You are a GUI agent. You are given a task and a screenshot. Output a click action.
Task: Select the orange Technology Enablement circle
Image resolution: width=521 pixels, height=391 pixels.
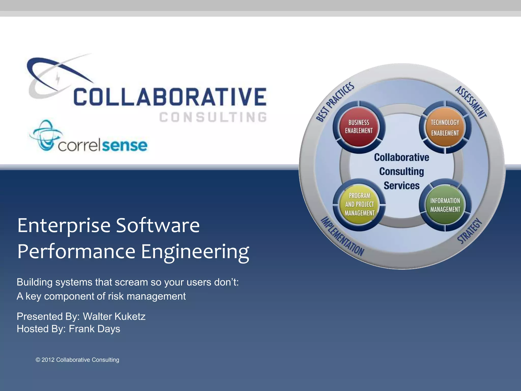click(445, 127)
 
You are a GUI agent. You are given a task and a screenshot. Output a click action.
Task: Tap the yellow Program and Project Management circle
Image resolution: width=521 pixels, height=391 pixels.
click(359, 204)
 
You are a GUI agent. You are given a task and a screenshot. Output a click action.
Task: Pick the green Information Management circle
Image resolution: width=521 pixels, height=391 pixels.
click(445, 205)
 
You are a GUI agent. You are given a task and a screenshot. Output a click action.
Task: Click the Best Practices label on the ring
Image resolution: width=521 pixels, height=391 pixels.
click(335, 102)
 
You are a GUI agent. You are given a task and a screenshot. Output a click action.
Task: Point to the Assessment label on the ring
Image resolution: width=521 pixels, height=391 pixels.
click(471, 102)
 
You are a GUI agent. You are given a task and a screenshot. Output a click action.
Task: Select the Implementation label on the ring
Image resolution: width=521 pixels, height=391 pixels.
click(342, 236)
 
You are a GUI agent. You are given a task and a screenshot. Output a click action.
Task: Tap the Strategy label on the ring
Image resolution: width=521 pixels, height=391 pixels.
click(470, 231)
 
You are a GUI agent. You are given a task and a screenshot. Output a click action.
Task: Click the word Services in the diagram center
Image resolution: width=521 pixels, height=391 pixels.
click(401, 186)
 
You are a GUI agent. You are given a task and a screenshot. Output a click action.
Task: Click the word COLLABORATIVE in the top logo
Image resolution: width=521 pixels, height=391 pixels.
click(170, 97)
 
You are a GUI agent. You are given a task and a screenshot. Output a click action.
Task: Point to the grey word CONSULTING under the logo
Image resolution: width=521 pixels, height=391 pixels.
click(213, 117)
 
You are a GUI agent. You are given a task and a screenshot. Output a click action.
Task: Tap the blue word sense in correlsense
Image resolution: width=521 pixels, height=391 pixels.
click(125, 145)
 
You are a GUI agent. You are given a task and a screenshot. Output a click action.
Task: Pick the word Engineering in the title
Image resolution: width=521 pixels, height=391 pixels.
click(195, 252)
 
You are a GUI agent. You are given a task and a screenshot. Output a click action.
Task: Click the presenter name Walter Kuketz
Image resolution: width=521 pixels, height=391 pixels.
click(114, 316)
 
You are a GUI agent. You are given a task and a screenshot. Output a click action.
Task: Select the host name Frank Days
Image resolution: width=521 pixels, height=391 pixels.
click(94, 329)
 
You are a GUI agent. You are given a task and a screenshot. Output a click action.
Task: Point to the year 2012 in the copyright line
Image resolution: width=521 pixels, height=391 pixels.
click(48, 360)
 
